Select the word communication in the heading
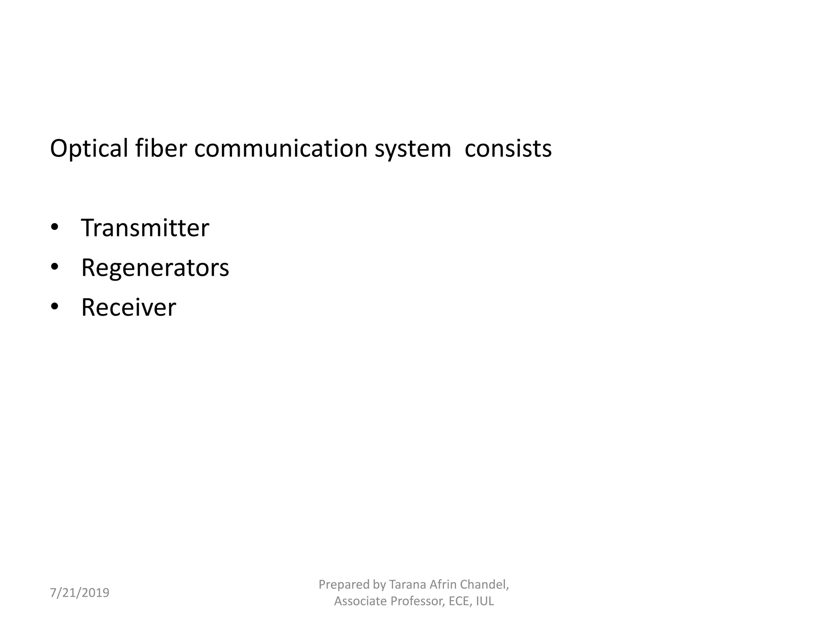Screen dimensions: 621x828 (x=281, y=148)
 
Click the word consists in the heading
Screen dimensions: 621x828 (x=508, y=148)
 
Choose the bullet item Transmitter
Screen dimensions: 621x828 (x=145, y=228)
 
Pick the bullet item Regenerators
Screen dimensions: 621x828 (x=155, y=268)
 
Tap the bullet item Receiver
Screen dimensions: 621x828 (x=129, y=307)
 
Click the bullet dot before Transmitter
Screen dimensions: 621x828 (x=55, y=227)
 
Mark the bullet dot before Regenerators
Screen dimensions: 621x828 (x=55, y=267)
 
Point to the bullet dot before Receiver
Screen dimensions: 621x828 (x=55, y=306)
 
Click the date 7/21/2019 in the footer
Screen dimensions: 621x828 (x=80, y=593)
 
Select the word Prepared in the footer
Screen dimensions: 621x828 (x=343, y=585)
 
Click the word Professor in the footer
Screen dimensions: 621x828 (x=418, y=601)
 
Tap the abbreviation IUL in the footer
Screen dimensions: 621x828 (x=485, y=601)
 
